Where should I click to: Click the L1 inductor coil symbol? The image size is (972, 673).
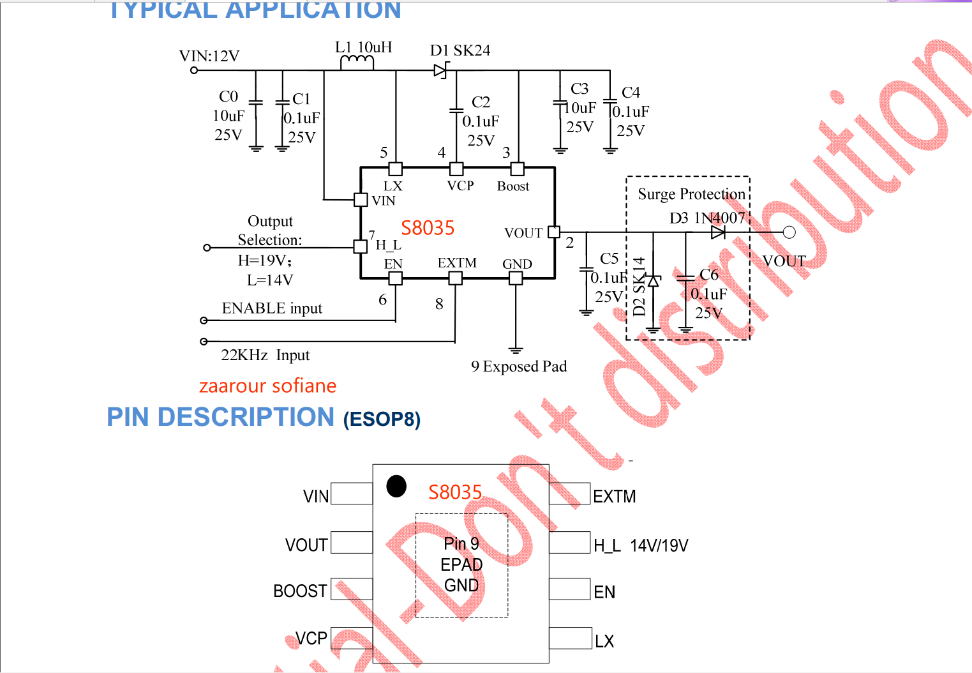tap(357, 63)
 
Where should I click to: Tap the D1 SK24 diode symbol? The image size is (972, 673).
tap(440, 70)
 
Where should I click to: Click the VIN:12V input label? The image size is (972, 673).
tap(209, 56)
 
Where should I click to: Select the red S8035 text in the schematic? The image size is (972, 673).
tap(428, 228)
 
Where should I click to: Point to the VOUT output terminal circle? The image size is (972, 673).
tap(789, 232)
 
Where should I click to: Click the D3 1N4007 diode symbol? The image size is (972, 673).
tap(718, 232)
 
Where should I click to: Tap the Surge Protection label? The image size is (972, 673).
tap(691, 194)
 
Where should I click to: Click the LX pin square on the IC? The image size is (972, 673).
tap(396, 169)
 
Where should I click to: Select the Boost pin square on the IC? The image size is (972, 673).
tap(518, 169)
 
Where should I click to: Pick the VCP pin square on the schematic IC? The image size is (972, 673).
tap(456, 169)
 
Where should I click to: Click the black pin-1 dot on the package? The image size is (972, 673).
tap(396, 486)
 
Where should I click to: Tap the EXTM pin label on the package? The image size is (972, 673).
tap(614, 497)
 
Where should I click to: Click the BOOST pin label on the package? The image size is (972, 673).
tap(300, 591)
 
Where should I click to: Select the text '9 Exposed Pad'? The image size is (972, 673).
tap(519, 367)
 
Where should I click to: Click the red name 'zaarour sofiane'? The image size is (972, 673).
tap(267, 386)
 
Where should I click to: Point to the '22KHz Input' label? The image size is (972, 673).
tap(265, 355)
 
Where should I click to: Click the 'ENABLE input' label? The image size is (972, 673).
tap(272, 308)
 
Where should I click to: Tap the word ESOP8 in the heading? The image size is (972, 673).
tap(382, 420)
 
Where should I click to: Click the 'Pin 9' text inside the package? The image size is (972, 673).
tap(461, 543)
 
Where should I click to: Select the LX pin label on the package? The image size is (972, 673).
tap(604, 641)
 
